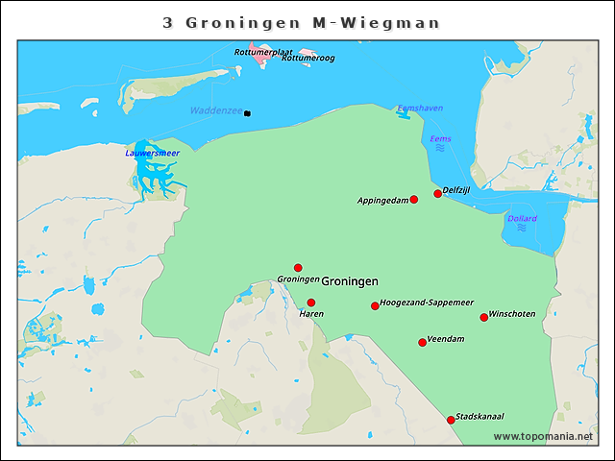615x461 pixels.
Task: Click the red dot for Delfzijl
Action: [437, 193]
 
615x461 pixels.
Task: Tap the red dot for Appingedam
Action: [414, 200]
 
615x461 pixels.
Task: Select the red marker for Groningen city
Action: [298, 268]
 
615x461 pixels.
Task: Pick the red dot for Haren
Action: [310, 303]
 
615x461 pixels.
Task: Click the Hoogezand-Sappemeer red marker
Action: [375, 306]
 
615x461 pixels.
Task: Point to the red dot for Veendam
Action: [422, 343]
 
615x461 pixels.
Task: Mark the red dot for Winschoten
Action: [483, 318]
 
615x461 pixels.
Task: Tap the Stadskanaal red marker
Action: [451, 420]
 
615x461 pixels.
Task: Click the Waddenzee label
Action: [216, 111]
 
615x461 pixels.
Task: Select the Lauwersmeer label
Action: [152, 153]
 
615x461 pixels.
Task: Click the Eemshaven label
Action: [420, 109]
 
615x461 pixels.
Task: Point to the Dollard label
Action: [522, 218]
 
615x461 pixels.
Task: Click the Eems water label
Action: [440, 139]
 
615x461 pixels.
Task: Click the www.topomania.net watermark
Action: [543, 436]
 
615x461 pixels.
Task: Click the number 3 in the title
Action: [168, 22]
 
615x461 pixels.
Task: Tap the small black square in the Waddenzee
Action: [247, 113]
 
